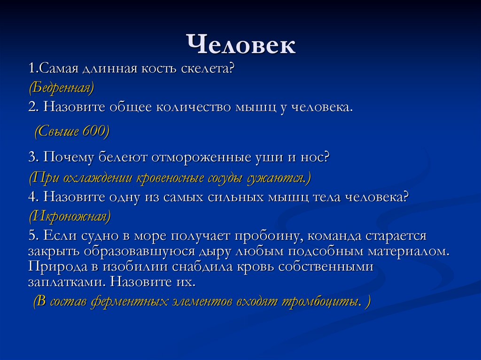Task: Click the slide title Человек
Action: tap(241, 45)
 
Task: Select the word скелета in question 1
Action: tap(208, 69)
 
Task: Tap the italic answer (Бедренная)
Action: tap(61, 87)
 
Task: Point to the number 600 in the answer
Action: tap(95, 132)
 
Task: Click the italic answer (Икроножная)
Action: tap(70, 216)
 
